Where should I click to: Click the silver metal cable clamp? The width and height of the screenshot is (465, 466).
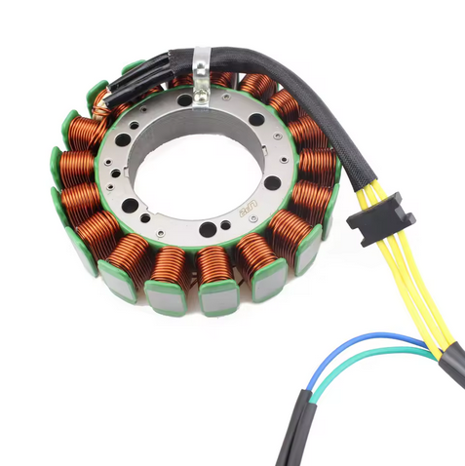click(200, 69)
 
